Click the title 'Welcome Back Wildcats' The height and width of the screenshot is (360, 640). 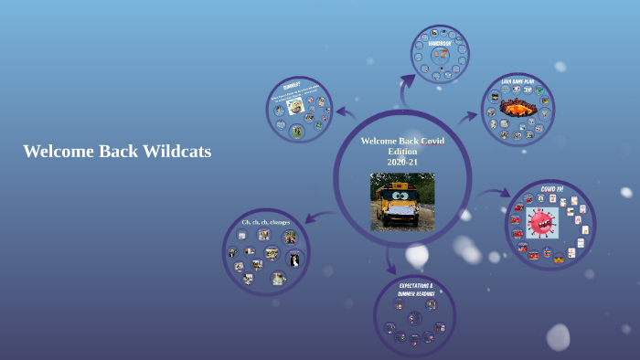tap(117, 152)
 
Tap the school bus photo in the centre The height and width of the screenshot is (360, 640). tap(401, 202)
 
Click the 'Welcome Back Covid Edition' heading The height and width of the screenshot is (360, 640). tap(401, 145)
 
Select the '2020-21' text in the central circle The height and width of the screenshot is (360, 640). tap(402, 162)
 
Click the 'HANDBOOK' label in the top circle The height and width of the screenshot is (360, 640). tap(440, 43)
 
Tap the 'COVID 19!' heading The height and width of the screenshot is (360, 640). tap(552, 189)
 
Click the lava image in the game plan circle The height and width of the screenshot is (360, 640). tap(517, 108)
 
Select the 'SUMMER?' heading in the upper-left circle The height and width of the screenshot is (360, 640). tap(292, 86)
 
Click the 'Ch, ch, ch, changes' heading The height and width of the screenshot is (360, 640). tap(266, 222)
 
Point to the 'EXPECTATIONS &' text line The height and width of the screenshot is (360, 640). tap(414, 284)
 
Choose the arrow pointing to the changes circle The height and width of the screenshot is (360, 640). tap(319, 217)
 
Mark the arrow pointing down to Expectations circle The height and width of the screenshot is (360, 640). tap(391, 263)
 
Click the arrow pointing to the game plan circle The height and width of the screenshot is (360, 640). tap(467, 117)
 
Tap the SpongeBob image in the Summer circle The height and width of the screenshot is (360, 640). tap(296, 106)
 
